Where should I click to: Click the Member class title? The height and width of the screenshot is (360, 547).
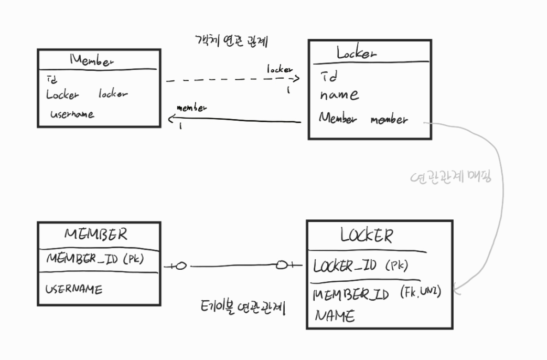coord(92,61)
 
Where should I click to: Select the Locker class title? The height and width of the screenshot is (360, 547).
coord(357,53)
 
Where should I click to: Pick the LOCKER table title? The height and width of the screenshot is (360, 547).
coord(366,236)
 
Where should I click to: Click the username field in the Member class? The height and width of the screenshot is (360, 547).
coord(72,114)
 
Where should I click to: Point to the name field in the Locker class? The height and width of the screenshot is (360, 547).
coord(339,95)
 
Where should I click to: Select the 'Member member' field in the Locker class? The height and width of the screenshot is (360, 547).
coord(363,119)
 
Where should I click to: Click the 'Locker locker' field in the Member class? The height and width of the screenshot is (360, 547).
coord(87,95)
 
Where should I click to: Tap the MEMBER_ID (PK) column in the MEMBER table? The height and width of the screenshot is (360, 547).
coord(95,259)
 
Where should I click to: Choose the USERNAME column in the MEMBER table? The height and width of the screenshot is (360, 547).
coord(74,289)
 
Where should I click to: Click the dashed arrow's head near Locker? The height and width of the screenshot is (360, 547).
coord(296,79)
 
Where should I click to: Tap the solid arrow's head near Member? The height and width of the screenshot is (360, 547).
coord(171,120)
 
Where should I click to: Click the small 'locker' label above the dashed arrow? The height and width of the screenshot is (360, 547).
coord(280,69)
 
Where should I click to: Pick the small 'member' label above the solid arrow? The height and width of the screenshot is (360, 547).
coord(192,108)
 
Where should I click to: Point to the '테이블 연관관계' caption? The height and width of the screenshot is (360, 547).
coord(243,307)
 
